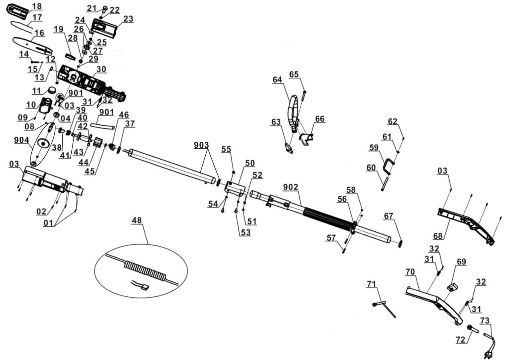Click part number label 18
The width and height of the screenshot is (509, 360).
(37, 6)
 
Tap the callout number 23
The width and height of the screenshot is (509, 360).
(128, 19)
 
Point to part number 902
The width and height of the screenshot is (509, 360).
(290, 187)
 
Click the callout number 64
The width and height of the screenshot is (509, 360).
(277, 79)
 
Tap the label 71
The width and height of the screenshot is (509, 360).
(372, 283)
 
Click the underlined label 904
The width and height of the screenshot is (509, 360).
(21, 140)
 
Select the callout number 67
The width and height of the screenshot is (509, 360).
(389, 216)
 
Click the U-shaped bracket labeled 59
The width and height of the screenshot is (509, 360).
(389, 166)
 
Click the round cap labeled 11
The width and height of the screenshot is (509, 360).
(53, 90)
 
